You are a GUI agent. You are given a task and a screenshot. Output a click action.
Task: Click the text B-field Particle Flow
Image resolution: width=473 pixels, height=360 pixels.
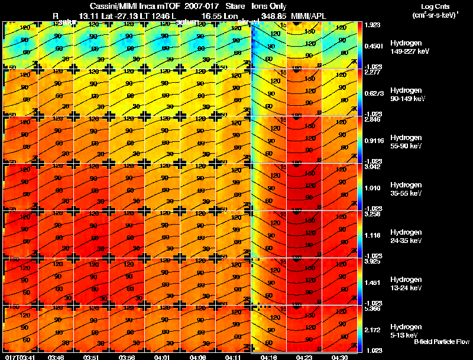click(x=441, y=342)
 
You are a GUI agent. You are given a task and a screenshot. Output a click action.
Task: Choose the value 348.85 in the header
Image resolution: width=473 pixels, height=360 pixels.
click(x=273, y=17)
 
